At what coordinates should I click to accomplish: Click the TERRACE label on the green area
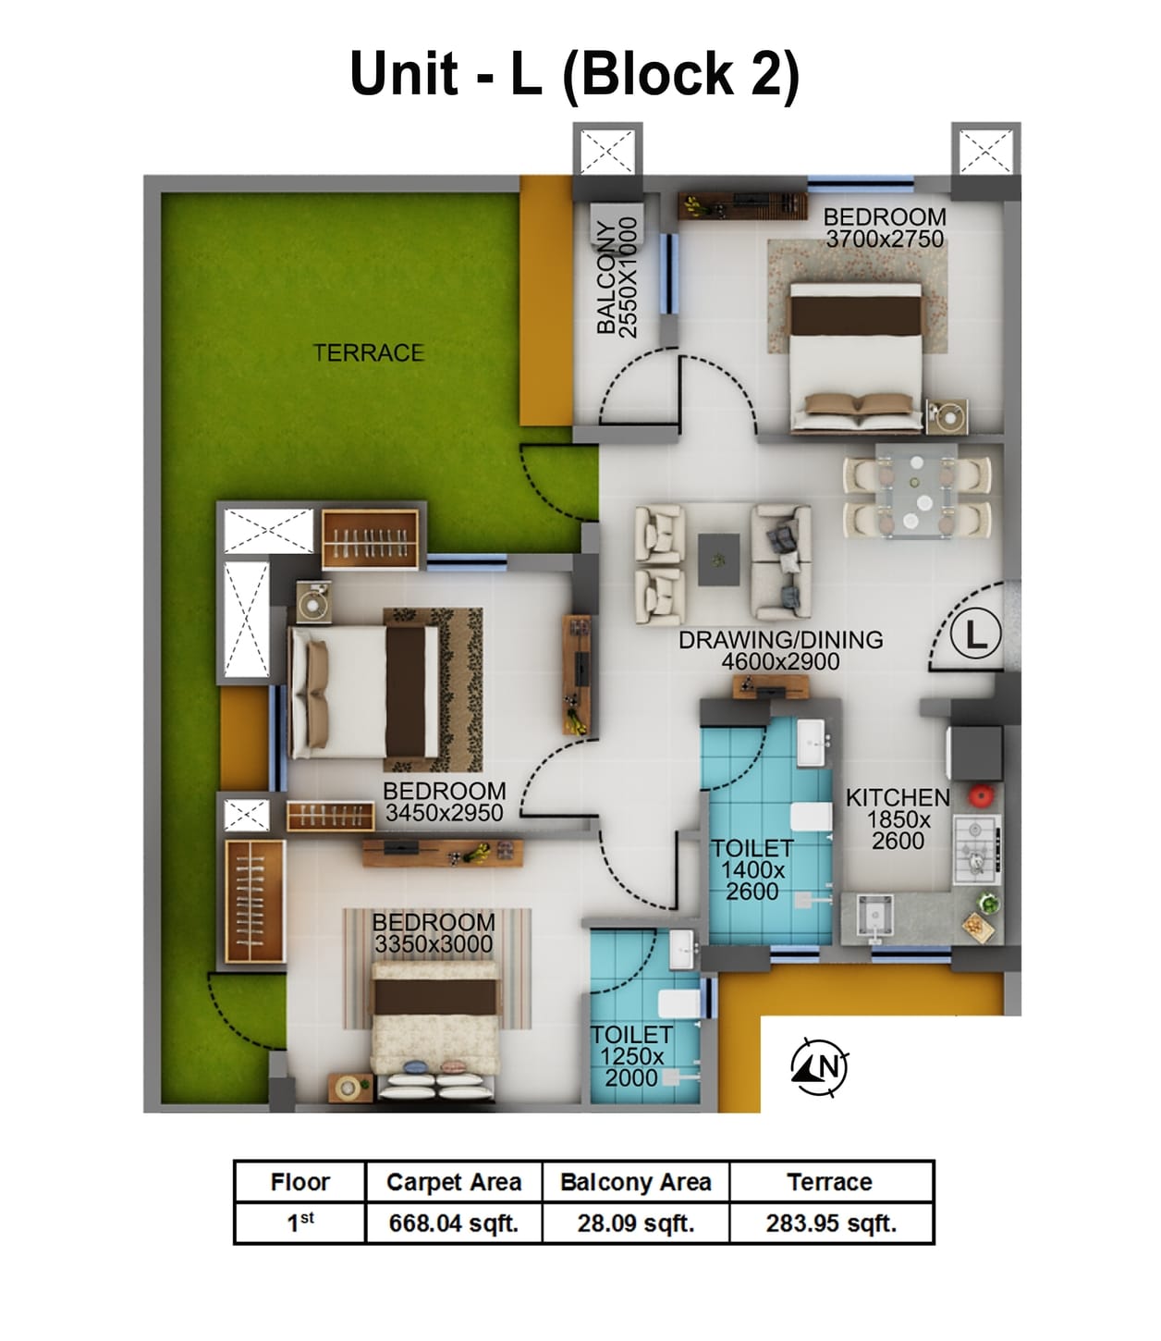coord(368,352)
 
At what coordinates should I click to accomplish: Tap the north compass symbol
coord(820,1067)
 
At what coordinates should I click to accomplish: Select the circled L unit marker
coord(976,635)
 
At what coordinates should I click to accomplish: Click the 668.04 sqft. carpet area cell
coord(453,1223)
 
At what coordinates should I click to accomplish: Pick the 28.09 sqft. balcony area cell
coord(636,1223)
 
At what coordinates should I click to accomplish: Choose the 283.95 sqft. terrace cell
coord(831,1223)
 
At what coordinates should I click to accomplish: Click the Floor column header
coord(299,1182)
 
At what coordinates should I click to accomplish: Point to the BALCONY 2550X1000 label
coord(617,277)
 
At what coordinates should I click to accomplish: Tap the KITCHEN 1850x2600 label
coord(898,818)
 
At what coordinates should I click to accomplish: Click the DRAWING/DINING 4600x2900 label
coord(780,650)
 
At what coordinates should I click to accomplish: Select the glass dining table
coord(917,490)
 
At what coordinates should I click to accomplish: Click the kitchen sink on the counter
coord(874,916)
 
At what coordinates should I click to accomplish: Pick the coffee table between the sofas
coord(718,559)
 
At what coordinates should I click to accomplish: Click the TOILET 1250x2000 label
coord(631,1055)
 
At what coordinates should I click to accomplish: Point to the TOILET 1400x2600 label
coord(752,869)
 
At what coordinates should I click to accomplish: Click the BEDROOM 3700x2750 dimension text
coord(885,239)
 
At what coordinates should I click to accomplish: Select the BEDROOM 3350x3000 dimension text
coord(433,943)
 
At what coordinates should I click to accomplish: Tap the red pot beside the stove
coord(979,794)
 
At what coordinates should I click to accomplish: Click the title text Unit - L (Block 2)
coord(574,74)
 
